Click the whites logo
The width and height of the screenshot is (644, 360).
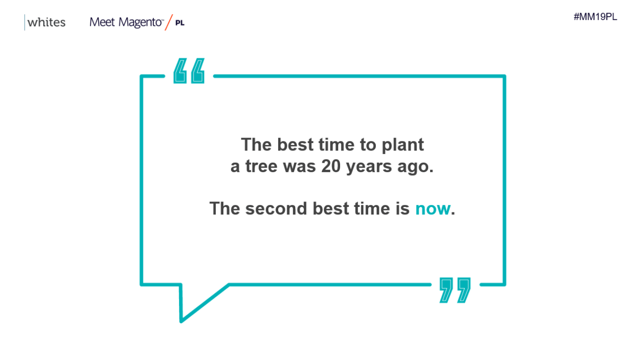point(45,22)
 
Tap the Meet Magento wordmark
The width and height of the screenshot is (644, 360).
point(126,22)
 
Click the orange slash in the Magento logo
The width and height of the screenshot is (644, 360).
point(169,22)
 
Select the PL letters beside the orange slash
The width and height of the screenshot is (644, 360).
point(180,23)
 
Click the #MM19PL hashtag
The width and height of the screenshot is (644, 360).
point(595,17)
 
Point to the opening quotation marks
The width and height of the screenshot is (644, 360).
point(189,71)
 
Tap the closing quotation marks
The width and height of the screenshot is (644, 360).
point(455,290)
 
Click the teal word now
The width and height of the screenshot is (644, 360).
point(433,208)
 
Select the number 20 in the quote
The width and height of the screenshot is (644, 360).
point(331,166)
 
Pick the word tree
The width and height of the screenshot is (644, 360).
point(261,166)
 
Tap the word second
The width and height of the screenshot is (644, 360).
point(276,208)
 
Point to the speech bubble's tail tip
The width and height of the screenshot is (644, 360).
point(181,321)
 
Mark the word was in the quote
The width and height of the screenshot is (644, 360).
point(299,166)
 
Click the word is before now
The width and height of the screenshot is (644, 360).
point(403,208)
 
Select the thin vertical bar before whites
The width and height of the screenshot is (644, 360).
point(25,22)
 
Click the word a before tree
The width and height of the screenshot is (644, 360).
point(235,167)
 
